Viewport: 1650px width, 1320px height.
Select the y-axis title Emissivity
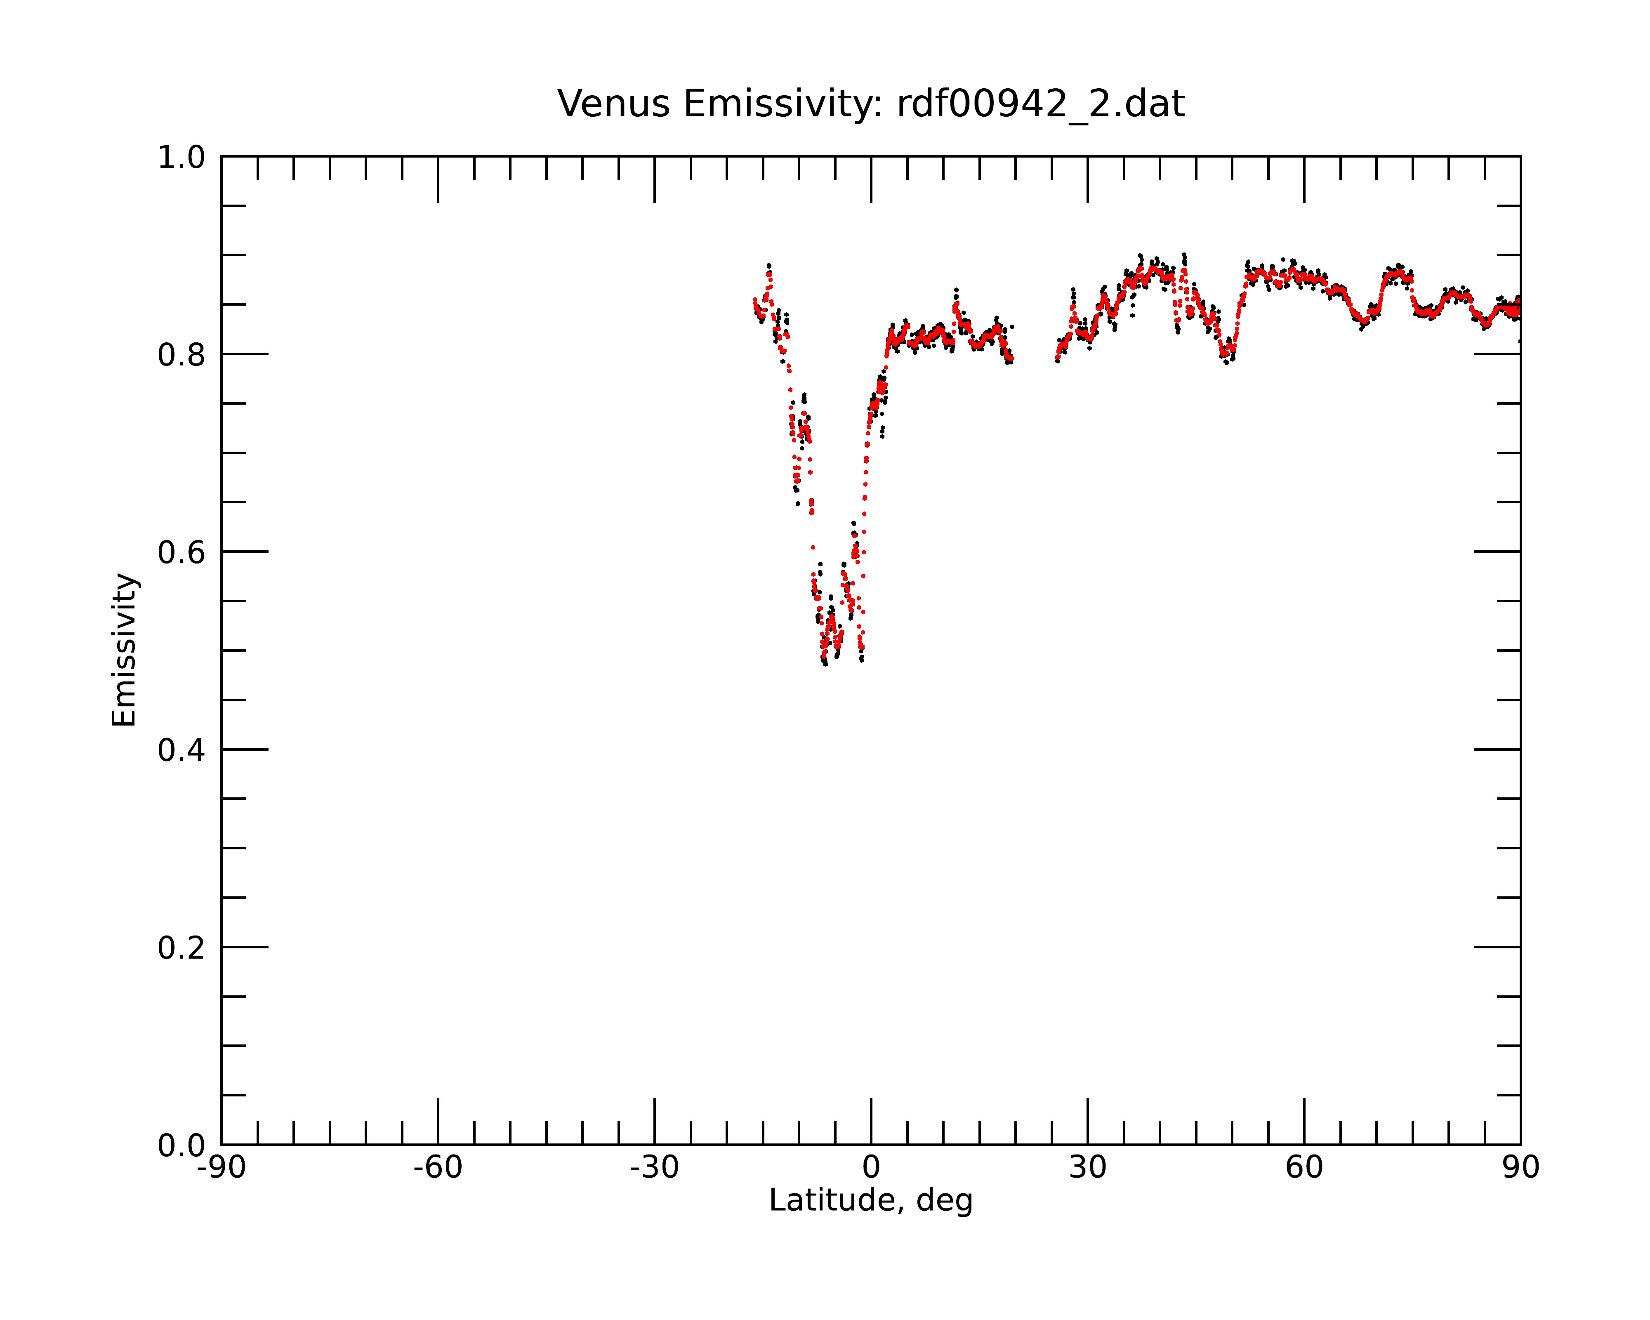124,650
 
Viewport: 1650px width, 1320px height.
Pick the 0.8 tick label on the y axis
181,355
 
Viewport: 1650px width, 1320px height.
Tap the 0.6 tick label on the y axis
181,552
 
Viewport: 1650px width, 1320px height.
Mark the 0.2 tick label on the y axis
181,948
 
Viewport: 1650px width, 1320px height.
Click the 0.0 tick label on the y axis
181,1146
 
